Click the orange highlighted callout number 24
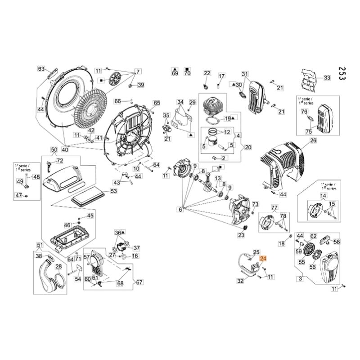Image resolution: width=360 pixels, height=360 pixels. point(263,258)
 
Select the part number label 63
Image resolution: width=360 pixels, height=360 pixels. point(41,69)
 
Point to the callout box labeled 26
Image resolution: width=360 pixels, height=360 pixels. point(313,141)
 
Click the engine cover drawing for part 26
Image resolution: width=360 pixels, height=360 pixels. point(283,164)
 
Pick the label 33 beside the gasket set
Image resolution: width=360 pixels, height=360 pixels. point(327,78)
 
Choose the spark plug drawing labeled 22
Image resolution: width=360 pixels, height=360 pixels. point(207,85)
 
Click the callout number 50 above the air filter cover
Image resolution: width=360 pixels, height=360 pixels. point(54,149)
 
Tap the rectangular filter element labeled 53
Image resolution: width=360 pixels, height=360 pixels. point(88,196)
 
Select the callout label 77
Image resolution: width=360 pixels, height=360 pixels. point(274,207)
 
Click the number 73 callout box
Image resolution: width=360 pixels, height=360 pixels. point(255,204)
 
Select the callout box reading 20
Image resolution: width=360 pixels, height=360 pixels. point(247,147)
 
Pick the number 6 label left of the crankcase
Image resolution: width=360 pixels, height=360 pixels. point(180,209)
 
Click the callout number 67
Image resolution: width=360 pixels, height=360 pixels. point(139,282)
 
